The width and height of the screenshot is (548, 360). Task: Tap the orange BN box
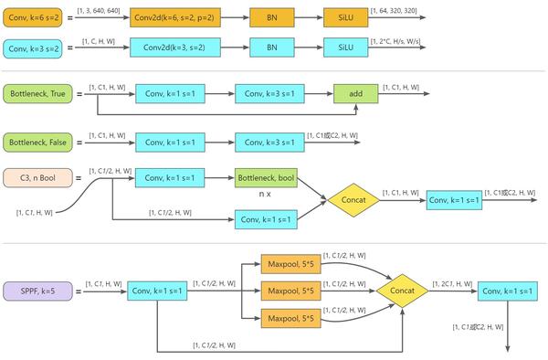point(271,17)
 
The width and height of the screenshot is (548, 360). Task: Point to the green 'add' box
point(356,93)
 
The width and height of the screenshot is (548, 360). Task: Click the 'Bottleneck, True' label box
point(37,93)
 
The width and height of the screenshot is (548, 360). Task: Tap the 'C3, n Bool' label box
point(37,177)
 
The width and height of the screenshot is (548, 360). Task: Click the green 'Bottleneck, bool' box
point(266,177)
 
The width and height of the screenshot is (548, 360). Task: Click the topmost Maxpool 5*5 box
point(290,266)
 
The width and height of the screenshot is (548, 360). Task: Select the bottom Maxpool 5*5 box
point(290,318)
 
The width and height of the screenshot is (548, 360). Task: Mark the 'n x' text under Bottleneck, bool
point(266,195)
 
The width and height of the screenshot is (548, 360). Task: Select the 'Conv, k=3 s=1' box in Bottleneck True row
point(266,93)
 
